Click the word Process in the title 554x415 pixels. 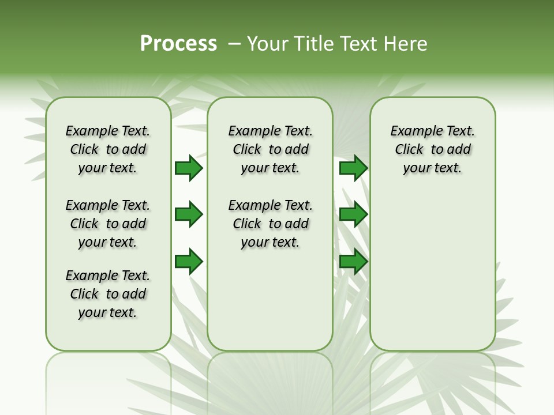(178, 44)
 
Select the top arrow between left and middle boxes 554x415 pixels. (189, 168)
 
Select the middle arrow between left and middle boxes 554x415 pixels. (189, 215)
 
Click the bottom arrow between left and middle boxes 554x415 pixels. (189, 262)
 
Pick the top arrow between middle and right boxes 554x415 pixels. (353, 168)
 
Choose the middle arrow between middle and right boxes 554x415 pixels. (353, 215)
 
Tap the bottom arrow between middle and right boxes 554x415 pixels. (353, 262)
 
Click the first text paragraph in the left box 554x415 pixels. (108, 149)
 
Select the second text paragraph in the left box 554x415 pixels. (108, 224)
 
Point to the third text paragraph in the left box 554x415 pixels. (108, 294)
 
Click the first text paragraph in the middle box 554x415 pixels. (270, 149)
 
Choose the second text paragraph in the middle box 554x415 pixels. (270, 224)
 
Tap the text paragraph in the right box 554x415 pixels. (432, 149)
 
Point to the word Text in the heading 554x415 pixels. (358, 44)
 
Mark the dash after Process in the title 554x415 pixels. (234, 44)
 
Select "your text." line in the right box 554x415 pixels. (432, 168)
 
